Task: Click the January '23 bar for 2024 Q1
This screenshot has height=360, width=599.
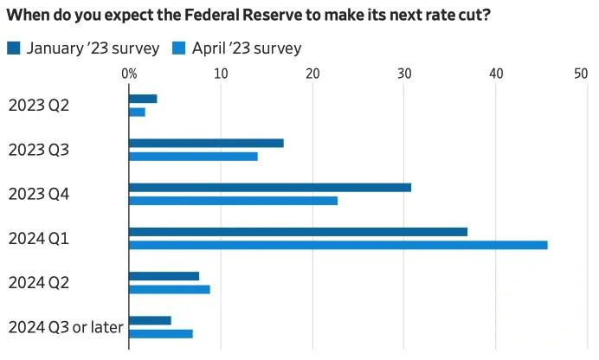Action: click(298, 232)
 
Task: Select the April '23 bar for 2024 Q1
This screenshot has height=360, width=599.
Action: click(338, 245)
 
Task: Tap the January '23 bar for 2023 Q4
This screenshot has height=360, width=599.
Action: click(270, 187)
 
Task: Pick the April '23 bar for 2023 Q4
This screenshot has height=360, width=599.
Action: click(233, 201)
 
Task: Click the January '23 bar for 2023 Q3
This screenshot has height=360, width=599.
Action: click(206, 143)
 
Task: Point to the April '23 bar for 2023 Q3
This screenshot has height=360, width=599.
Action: click(193, 156)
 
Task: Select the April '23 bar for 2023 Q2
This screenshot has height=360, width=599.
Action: click(137, 112)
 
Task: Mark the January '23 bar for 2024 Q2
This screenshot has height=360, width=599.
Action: click(164, 276)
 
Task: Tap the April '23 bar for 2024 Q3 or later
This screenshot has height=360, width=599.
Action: click(160, 333)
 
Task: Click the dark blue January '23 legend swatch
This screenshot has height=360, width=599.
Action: click(13, 48)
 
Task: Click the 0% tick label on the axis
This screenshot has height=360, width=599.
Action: click(129, 74)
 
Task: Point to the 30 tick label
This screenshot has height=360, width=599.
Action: click(404, 74)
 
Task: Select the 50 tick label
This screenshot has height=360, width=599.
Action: click(581, 74)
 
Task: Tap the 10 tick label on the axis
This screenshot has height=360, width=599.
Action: click(221, 74)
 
